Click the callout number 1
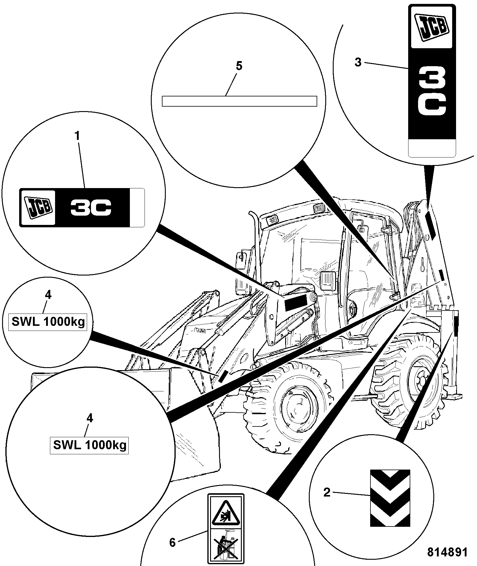click(78, 136)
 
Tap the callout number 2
click(327, 492)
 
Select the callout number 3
click(358, 62)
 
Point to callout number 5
click(239, 66)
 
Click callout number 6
click(172, 542)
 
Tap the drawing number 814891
click(447, 552)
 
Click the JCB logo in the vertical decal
click(432, 28)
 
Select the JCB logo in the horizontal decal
click(38, 208)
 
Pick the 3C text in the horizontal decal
click(91, 207)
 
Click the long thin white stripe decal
click(239, 101)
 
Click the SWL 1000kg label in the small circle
click(48, 322)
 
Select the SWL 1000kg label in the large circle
click(89, 445)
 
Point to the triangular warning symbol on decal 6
click(226, 514)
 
